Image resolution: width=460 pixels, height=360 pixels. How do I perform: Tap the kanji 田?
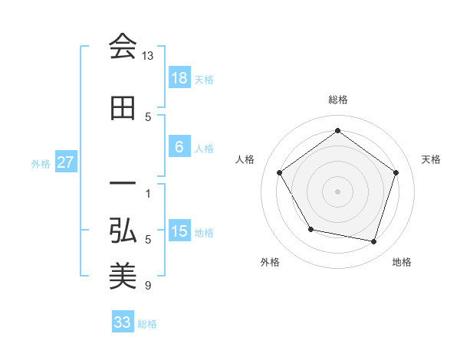point(123,109)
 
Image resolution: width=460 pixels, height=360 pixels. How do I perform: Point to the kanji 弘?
point(123,231)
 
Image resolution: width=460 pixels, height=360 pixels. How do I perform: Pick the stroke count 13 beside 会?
point(148,57)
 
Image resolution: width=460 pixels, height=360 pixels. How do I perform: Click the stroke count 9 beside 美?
point(148,286)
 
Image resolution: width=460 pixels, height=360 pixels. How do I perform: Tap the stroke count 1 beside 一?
point(148,193)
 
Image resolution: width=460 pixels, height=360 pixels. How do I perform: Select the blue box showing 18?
point(179,78)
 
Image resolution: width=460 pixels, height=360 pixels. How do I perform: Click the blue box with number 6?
point(179,147)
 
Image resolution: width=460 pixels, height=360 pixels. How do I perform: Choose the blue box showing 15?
point(179,231)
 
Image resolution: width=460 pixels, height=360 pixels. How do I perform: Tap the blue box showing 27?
point(65,162)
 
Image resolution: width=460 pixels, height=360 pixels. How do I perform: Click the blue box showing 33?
point(122,322)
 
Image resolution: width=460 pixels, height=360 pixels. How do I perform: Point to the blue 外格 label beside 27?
point(41,163)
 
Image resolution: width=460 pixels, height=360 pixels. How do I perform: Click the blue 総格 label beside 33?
point(148,324)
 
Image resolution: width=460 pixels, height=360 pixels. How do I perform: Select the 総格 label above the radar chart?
point(337,100)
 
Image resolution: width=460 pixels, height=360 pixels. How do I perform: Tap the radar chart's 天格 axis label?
point(431,159)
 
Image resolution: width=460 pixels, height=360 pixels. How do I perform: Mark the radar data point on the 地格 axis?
point(373,241)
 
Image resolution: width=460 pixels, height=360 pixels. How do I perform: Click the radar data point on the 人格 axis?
point(279,172)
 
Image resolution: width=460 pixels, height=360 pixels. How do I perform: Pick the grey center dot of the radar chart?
point(337,191)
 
